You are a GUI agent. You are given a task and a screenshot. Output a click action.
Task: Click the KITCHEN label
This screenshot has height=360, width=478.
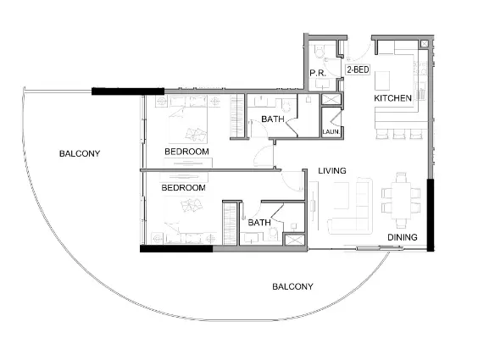click(x=393, y=99)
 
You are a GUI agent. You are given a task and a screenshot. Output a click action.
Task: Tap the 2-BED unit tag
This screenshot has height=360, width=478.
click(x=356, y=70)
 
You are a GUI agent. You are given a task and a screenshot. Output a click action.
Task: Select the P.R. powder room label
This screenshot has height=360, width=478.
click(x=319, y=74)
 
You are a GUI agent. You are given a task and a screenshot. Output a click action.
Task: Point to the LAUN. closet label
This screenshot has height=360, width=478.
click(x=331, y=131)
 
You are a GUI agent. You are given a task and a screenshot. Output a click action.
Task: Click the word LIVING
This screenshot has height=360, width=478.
click(x=332, y=172)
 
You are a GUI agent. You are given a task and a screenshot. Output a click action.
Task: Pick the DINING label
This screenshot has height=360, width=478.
click(x=403, y=237)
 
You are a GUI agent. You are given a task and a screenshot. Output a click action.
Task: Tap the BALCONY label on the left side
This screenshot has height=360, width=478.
click(x=80, y=153)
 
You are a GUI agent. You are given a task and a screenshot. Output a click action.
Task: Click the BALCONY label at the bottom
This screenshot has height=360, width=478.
click(x=292, y=286)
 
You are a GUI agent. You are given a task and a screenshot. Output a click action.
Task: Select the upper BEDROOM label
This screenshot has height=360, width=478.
click(x=186, y=152)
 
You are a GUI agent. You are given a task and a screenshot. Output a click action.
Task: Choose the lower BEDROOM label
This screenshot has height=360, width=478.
click(x=185, y=187)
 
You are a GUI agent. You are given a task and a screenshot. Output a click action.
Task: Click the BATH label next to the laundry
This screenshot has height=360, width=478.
click(x=272, y=119)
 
